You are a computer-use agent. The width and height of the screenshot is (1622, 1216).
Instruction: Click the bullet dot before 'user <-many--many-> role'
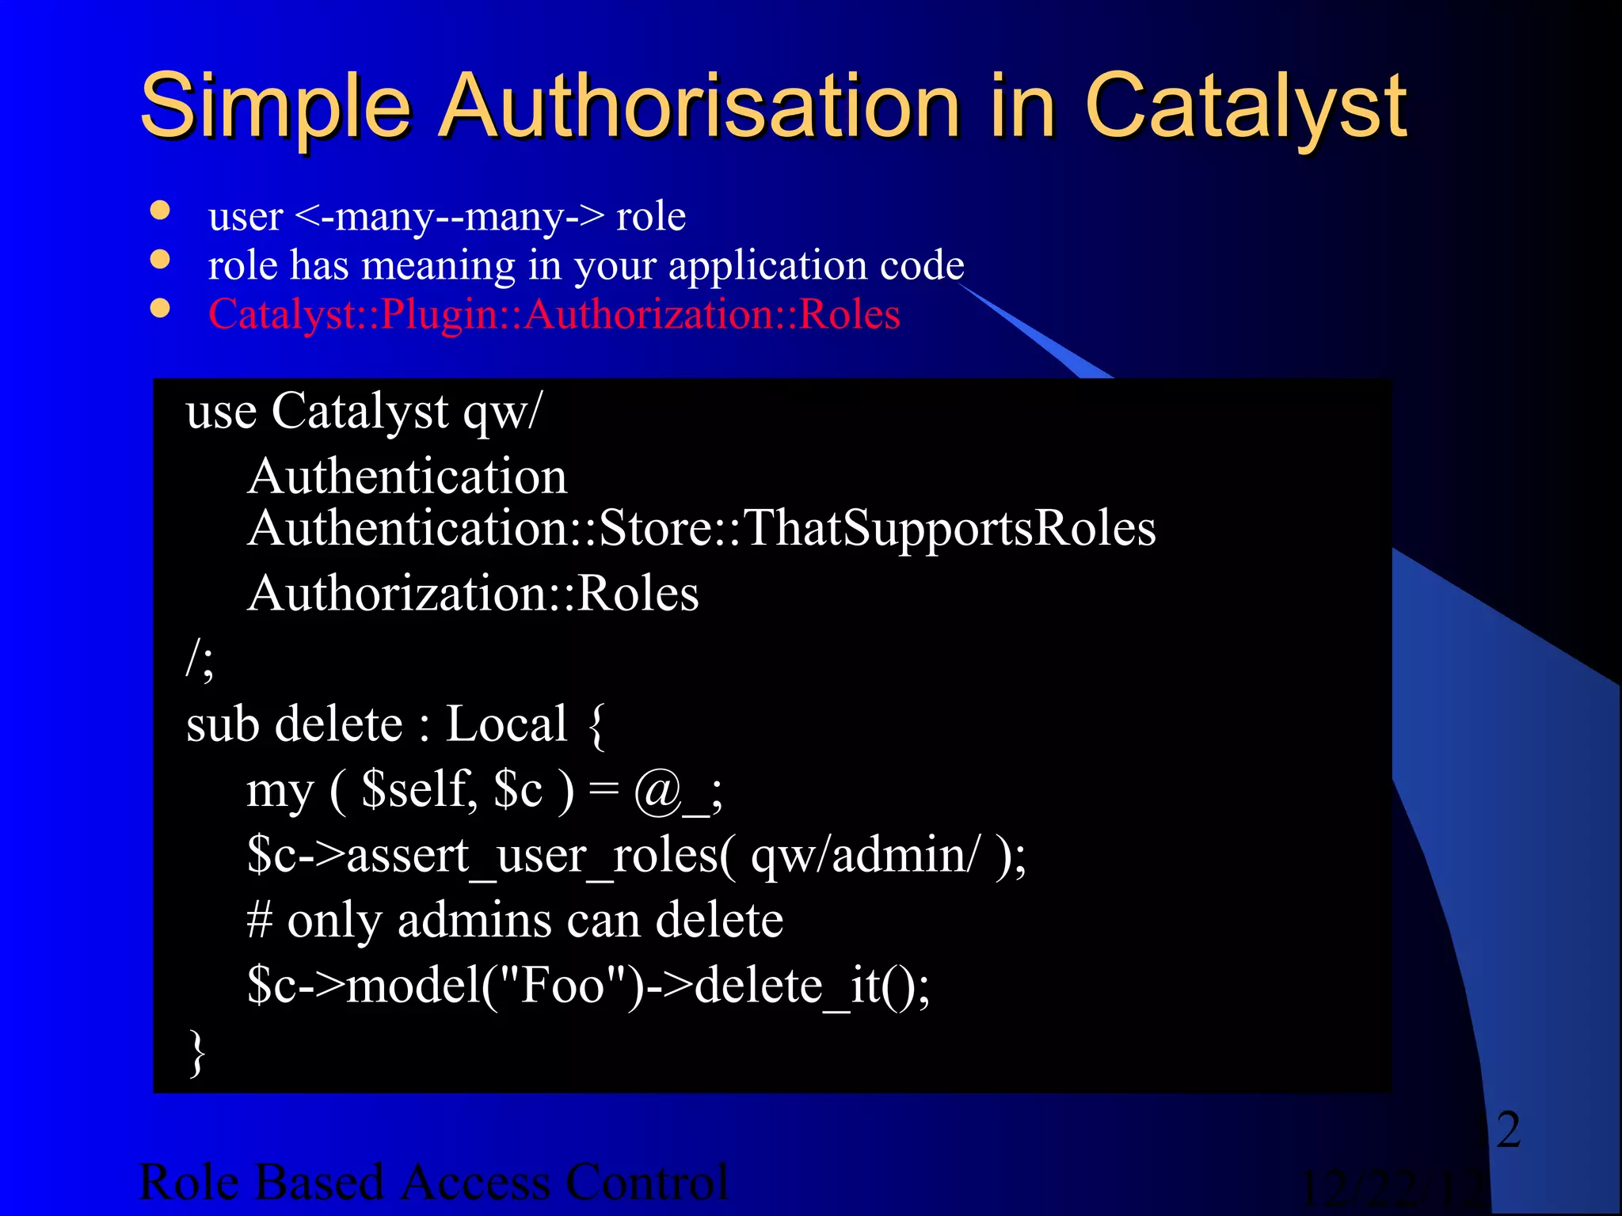pos(161,211)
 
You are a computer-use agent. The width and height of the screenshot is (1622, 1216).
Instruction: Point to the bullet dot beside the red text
pos(161,309)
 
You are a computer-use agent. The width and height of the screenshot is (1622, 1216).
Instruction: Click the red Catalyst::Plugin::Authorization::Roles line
pos(554,314)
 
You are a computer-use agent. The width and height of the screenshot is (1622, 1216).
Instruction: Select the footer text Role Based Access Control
pos(432,1182)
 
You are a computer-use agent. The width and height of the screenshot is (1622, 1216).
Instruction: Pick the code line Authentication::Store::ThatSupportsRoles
pos(701,528)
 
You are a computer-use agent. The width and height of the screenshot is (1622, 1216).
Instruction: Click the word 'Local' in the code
pos(507,724)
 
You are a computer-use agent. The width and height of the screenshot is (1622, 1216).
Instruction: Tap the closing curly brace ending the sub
pos(197,1053)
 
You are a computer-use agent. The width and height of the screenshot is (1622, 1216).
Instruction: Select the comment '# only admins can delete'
pos(515,920)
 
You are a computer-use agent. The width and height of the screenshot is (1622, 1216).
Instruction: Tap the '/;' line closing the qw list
pos(200,659)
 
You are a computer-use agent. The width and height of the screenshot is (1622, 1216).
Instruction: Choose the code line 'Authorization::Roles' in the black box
pos(473,594)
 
